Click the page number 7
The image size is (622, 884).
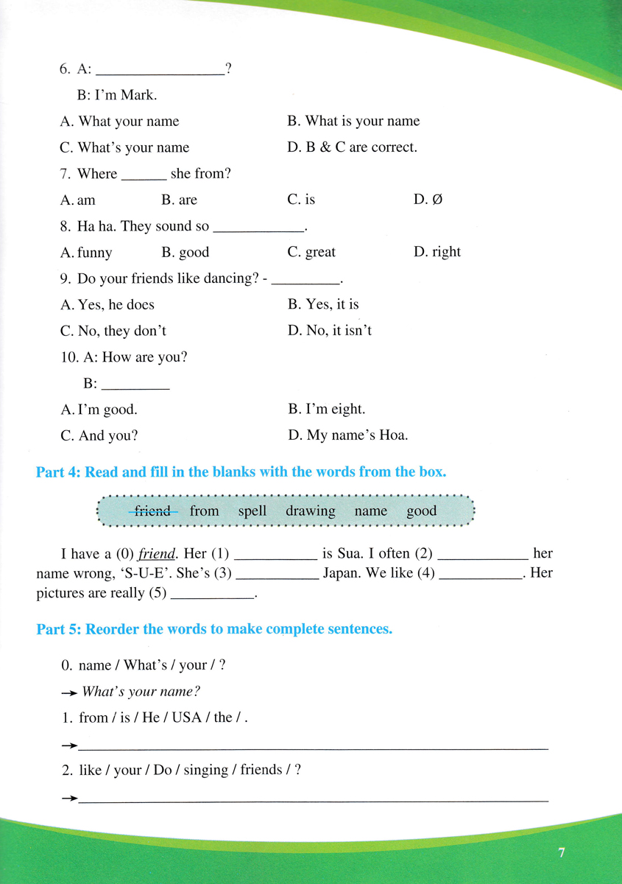click(562, 853)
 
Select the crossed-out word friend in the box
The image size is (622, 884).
click(153, 511)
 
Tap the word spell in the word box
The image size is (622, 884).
click(252, 511)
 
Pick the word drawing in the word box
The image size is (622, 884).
click(310, 511)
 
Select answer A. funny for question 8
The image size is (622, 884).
click(87, 253)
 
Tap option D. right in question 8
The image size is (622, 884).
click(437, 252)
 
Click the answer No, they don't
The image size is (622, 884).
click(113, 331)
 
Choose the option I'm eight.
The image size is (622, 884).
click(326, 409)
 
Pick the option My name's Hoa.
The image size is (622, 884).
click(347, 435)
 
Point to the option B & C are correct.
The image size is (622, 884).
click(353, 147)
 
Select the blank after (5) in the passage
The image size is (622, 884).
click(212, 593)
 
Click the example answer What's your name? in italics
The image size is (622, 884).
click(141, 691)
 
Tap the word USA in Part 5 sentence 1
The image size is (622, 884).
click(187, 717)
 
